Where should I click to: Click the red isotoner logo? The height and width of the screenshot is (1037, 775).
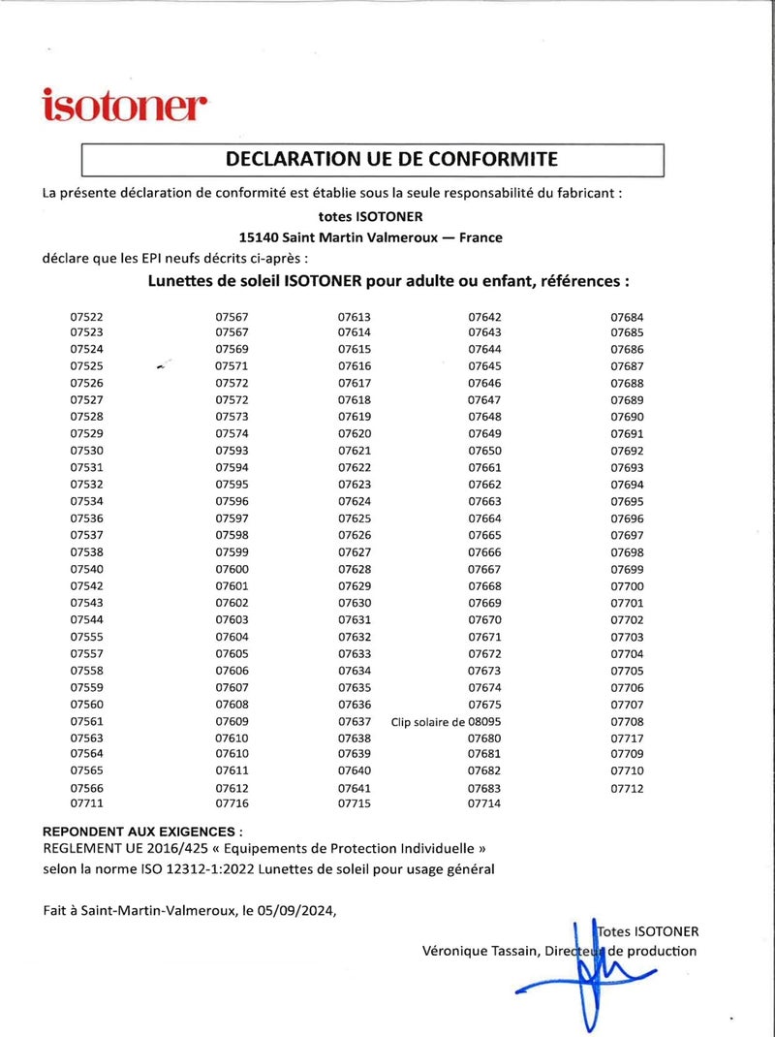click(x=125, y=105)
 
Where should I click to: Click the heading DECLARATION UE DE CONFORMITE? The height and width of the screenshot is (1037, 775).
click(x=391, y=159)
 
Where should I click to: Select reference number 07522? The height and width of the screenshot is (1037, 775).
click(x=87, y=317)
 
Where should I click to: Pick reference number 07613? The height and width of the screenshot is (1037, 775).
click(x=355, y=317)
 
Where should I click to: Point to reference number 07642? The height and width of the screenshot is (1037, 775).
click(x=484, y=317)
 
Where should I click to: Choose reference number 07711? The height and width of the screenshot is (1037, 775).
click(x=87, y=803)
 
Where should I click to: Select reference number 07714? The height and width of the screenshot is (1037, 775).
click(x=484, y=803)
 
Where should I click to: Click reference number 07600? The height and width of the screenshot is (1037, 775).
click(x=232, y=569)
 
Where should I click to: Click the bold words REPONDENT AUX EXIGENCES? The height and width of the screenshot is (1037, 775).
click(x=140, y=832)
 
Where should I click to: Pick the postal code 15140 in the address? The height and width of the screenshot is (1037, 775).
click(x=259, y=236)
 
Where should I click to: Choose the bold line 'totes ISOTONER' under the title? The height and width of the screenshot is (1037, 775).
click(x=371, y=216)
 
